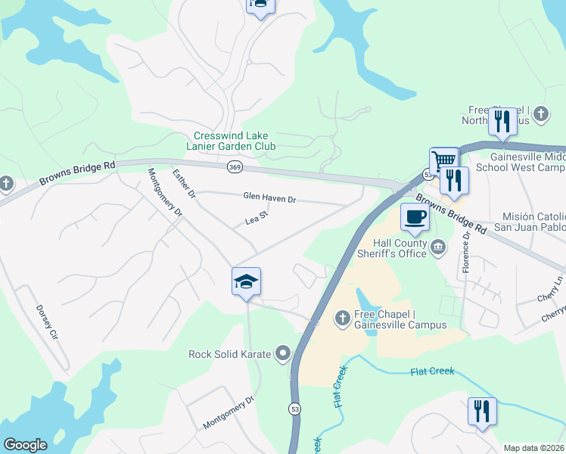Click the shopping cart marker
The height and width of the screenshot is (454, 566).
click(444, 160)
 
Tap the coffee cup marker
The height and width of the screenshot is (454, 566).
click(414, 217)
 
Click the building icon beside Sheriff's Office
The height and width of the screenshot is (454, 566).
click(438, 247)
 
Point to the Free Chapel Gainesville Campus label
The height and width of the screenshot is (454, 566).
click(400, 319)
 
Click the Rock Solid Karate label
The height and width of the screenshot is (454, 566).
click(232, 353)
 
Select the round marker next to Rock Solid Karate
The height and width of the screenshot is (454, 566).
click(283, 353)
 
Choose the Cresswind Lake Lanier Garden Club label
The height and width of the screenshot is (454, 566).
click(231, 140)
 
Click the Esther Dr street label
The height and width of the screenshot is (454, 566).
click(184, 184)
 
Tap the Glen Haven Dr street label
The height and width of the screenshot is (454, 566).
click(269, 197)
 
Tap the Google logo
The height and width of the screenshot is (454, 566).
click(25, 445)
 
